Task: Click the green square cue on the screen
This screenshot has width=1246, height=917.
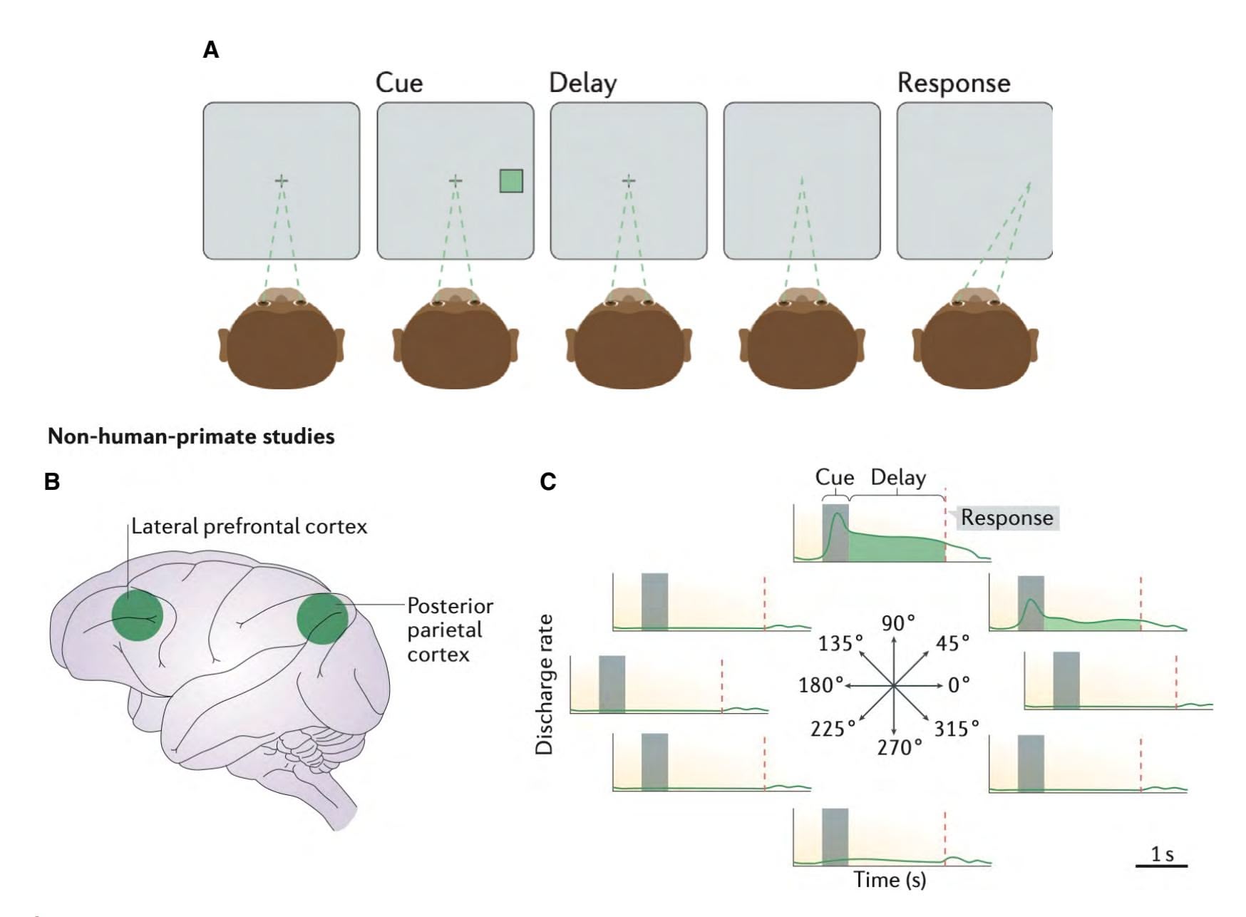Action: pyautogui.click(x=511, y=180)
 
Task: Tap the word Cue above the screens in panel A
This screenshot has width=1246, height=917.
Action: pyautogui.click(x=399, y=83)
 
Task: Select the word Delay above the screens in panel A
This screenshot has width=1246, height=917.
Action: pyautogui.click(x=582, y=83)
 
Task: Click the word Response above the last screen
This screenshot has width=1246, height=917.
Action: pyautogui.click(x=953, y=83)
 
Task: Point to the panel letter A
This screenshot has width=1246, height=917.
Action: pyautogui.click(x=211, y=51)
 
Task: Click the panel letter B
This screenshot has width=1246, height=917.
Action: pyautogui.click(x=52, y=482)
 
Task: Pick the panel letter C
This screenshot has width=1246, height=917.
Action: pyautogui.click(x=547, y=482)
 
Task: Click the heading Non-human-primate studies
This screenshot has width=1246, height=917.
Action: pyautogui.click(x=191, y=436)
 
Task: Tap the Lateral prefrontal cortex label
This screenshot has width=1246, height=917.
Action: pyautogui.click(x=249, y=527)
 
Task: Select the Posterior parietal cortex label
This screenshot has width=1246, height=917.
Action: pyautogui.click(x=450, y=630)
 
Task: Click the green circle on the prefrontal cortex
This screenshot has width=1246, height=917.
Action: pyautogui.click(x=138, y=615)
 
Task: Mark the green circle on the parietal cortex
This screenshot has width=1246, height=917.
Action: pyautogui.click(x=322, y=618)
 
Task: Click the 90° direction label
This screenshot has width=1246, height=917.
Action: pyautogui.click(x=898, y=623)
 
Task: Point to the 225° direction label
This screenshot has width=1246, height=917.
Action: pyautogui.click(x=833, y=729)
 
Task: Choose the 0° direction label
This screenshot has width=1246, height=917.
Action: pyautogui.click(x=959, y=685)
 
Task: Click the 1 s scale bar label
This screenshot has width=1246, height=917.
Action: pyautogui.click(x=1162, y=854)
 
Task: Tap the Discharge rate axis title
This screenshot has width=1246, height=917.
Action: pyautogui.click(x=545, y=684)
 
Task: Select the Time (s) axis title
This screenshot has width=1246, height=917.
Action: pyautogui.click(x=890, y=880)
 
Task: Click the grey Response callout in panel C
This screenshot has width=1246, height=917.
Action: pyautogui.click(x=1006, y=518)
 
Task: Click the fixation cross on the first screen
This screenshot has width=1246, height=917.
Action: pyautogui.click(x=282, y=180)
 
